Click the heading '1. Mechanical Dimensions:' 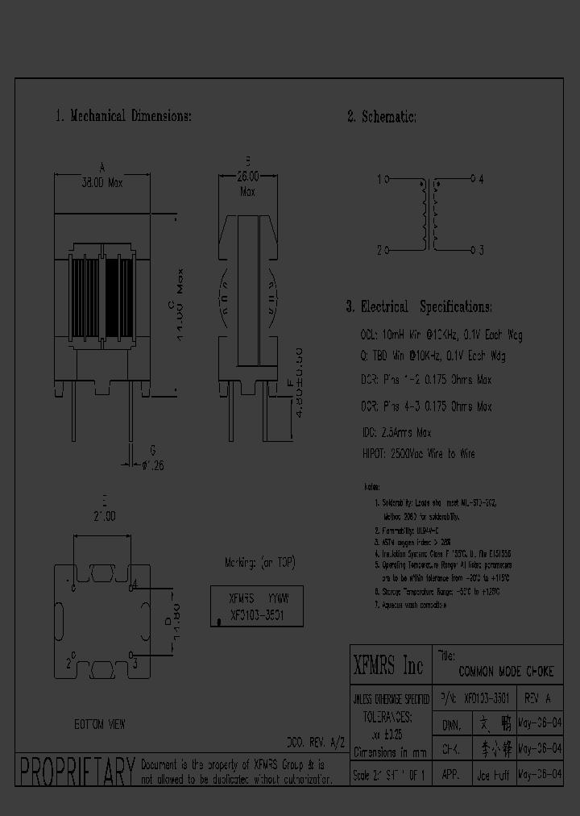[x=123, y=116]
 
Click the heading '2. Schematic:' [x=382, y=117]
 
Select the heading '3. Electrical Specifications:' [x=418, y=307]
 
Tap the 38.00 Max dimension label [x=101, y=183]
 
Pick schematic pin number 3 [x=481, y=250]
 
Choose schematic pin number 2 [x=379, y=250]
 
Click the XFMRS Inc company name [x=389, y=667]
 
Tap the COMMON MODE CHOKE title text [x=505, y=672]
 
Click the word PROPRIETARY [x=77, y=772]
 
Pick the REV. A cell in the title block [x=538, y=697]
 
